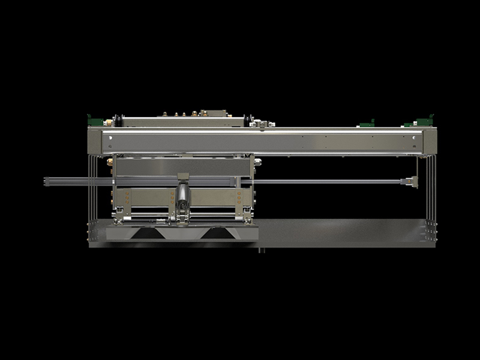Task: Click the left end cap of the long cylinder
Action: (46, 181)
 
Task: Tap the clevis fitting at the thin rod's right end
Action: (411, 181)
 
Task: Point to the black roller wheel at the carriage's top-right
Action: (247, 121)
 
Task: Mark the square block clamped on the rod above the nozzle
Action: (183, 177)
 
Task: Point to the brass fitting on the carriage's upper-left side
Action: (110, 161)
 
